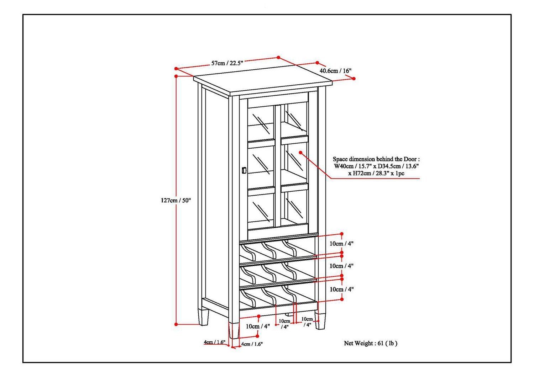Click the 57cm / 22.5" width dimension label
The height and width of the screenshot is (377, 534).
[227, 63]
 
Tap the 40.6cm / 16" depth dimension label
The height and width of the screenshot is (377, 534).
[335, 70]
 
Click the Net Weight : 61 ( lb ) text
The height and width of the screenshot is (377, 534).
[370, 343]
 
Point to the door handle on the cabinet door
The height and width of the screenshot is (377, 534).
[244, 170]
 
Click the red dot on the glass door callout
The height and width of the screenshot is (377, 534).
[300, 153]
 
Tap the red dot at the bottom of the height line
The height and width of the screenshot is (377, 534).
[176, 324]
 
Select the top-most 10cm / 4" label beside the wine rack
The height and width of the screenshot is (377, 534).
[341, 244]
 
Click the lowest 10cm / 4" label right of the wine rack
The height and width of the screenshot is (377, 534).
[341, 290]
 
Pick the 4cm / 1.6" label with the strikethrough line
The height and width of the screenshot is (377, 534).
[214, 342]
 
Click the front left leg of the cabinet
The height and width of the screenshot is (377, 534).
[234, 330]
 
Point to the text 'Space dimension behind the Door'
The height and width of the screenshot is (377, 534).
[376, 159]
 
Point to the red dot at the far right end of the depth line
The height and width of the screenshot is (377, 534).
[354, 79]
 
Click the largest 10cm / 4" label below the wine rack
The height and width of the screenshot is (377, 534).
[258, 326]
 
